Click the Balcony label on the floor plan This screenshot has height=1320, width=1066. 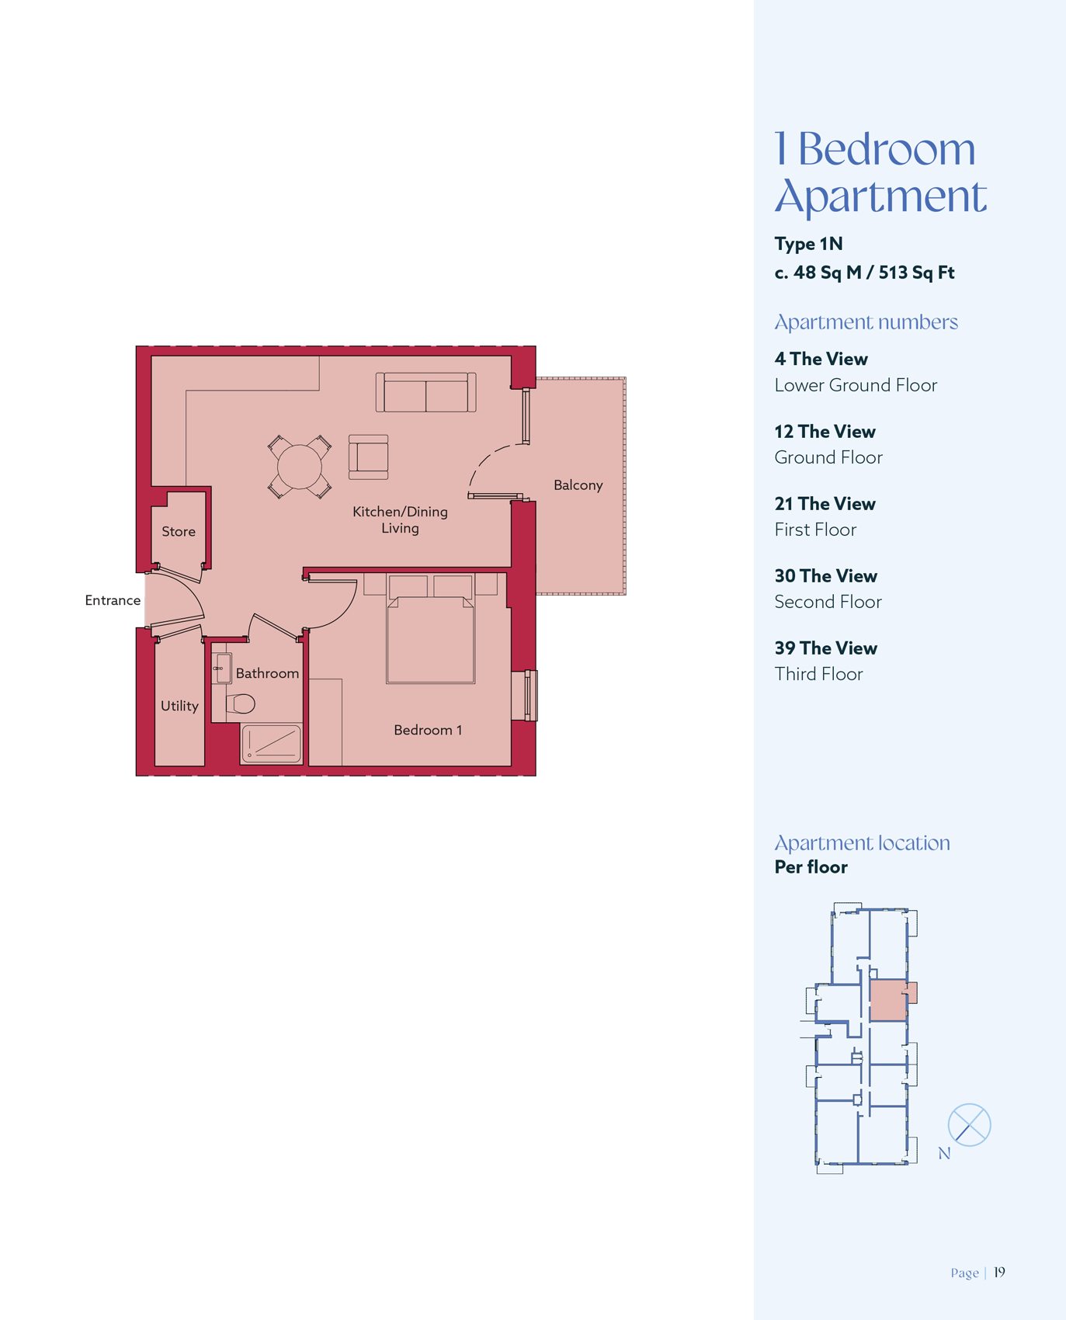tap(578, 485)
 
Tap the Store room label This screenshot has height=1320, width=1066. tap(179, 532)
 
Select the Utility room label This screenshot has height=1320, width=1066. tap(179, 706)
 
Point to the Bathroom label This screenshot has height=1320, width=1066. tap(267, 673)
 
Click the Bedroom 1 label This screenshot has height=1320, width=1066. tap(428, 730)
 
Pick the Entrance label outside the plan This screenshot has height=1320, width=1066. tap(113, 600)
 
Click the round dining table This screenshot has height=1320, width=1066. tap(300, 466)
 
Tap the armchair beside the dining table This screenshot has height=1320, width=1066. tap(368, 457)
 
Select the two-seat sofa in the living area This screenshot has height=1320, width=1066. tap(425, 392)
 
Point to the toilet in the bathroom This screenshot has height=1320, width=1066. tap(241, 703)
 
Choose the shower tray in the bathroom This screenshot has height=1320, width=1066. tap(271, 744)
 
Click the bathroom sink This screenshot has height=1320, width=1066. tap(221, 668)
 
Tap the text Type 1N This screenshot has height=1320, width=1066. tap(808, 244)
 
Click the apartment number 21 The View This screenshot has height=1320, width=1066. tap(825, 504)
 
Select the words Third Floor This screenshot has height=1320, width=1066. tap(818, 674)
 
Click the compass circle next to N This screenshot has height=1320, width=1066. tap(969, 1124)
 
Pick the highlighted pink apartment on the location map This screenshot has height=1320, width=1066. tap(889, 1000)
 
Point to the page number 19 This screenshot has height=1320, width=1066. tap(999, 1272)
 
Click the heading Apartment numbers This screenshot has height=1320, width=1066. tap(866, 322)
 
